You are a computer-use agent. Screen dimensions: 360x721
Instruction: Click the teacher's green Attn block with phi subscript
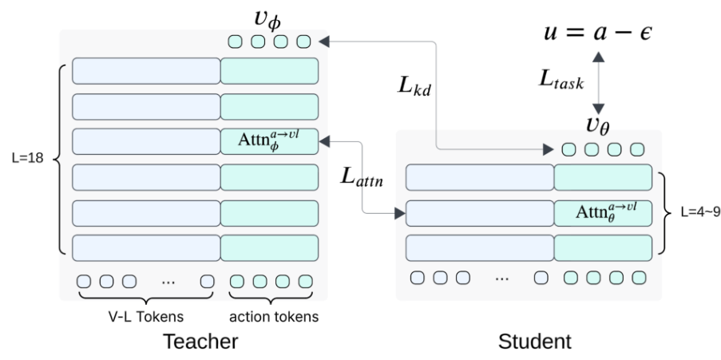[x=270, y=142]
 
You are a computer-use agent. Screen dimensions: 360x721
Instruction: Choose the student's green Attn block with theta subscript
[x=603, y=212]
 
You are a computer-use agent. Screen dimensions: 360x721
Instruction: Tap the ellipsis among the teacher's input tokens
[x=169, y=282]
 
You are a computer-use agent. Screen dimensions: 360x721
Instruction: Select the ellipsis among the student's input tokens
[x=502, y=277]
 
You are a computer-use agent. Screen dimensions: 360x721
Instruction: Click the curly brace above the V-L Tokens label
[x=145, y=301]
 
